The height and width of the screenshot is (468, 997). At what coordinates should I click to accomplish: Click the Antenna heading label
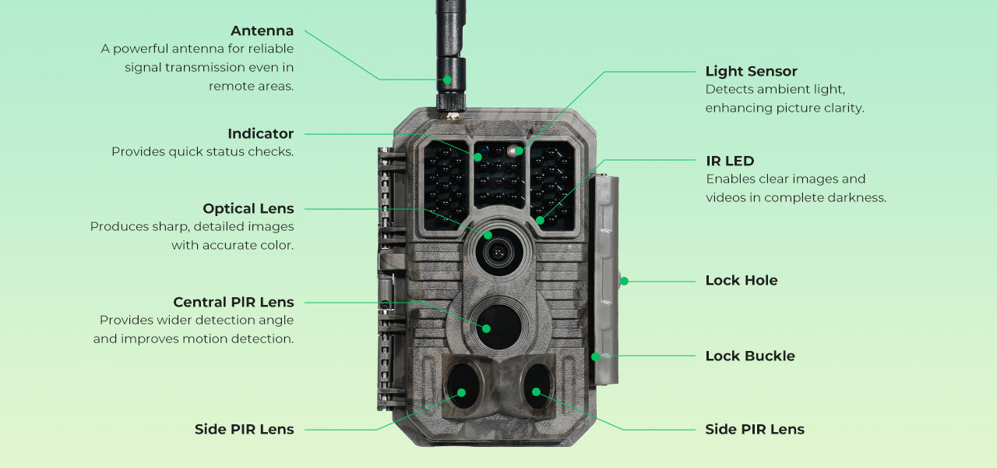pyautogui.click(x=262, y=31)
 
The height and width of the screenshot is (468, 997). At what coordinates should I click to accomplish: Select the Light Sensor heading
pyautogui.click(x=751, y=72)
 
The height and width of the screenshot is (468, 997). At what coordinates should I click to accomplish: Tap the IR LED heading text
pyautogui.click(x=730, y=161)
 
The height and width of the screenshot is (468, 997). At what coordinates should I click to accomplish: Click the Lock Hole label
pyautogui.click(x=741, y=281)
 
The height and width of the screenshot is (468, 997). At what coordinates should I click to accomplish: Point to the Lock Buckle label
pyautogui.click(x=749, y=356)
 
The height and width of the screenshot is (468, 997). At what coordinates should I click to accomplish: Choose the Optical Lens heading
pyautogui.click(x=248, y=209)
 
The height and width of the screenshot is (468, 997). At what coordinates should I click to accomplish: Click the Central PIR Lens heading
pyautogui.click(x=233, y=303)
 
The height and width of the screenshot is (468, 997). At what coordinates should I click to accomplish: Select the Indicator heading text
pyautogui.click(x=260, y=134)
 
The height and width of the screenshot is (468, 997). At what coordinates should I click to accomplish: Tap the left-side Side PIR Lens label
pyautogui.click(x=244, y=430)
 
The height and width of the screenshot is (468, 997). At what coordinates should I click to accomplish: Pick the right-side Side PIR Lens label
pyautogui.click(x=754, y=430)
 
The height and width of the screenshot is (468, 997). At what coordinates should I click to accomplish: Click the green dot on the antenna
pyautogui.click(x=447, y=80)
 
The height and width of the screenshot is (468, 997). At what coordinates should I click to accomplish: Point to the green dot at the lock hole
pyautogui.click(x=624, y=281)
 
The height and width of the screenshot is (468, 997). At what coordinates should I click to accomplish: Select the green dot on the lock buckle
pyautogui.click(x=596, y=356)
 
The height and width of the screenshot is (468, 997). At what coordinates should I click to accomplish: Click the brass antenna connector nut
pyautogui.click(x=451, y=115)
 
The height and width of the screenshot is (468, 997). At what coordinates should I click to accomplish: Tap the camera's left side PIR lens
pyautogui.click(x=460, y=385)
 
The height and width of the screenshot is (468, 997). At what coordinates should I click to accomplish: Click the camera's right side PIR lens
pyautogui.click(x=537, y=385)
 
